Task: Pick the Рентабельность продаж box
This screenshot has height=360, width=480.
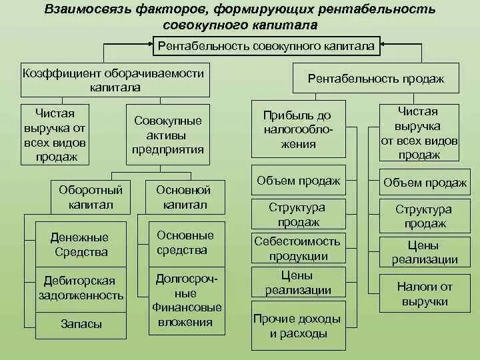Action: coord(376,79)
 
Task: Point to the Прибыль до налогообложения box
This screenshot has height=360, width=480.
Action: coord(299,129)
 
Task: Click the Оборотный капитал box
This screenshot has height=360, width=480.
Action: coord(91,197)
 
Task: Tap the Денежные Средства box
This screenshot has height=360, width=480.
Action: coord(79,245)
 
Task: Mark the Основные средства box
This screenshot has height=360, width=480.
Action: coord(185,243)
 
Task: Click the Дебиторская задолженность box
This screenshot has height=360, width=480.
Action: coord(79,288)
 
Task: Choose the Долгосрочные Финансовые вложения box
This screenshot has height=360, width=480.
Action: coord(186,300)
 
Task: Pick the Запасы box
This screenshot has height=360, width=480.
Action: coord(81,324)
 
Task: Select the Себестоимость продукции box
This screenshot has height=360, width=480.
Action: coord(297,248)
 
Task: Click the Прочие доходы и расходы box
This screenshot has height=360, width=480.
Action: coord(299,326)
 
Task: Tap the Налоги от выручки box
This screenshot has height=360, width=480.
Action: coord(425,293)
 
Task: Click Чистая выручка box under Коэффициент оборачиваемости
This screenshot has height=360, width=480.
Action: coord(57,135)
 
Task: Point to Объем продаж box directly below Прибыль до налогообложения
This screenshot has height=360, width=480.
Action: coord(299,181)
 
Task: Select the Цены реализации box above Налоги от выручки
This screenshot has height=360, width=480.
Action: coord(425,252)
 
